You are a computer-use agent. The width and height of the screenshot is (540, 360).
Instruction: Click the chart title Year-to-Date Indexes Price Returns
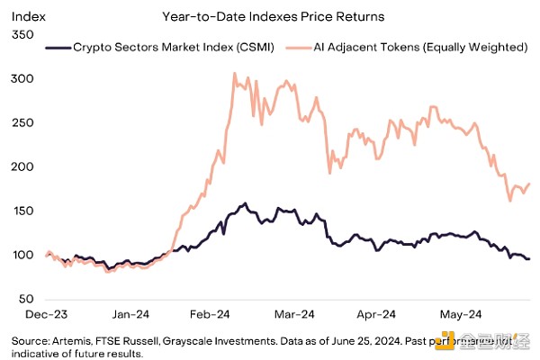click(262, 16)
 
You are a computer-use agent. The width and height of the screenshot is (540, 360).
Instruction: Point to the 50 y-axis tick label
click(23, 299)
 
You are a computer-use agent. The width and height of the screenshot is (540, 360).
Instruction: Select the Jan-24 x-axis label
click(130, 315)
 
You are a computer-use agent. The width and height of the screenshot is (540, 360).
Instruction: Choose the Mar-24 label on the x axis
click(293, 315)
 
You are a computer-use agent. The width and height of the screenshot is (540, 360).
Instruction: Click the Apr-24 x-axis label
click(376, 315)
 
